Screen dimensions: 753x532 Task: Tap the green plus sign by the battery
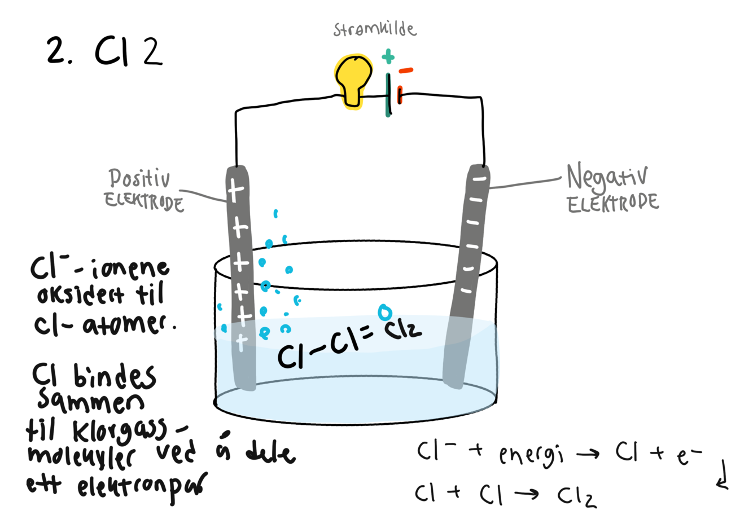coord(388,56)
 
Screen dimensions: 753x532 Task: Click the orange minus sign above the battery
coord(406,71)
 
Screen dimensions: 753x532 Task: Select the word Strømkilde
coord(374,29)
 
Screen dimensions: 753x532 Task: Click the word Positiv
coord(139,178)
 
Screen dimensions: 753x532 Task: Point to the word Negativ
coord(607,177)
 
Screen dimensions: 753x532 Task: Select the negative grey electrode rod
coord(466,271)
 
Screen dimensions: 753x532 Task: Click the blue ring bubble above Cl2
coord(384,312)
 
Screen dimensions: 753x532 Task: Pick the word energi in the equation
coord(531,455)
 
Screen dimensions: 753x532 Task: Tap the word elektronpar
coord(141,486)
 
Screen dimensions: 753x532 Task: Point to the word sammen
coord(90,402)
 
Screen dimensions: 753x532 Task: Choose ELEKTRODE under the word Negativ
coord(612,203)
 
